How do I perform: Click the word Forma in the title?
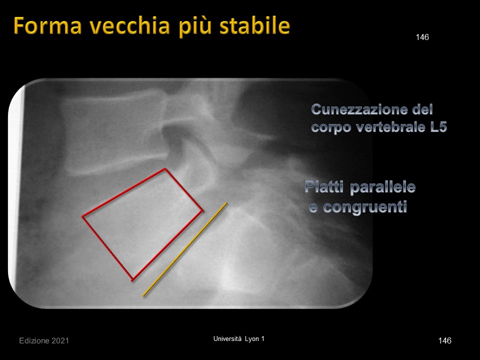point(47,25)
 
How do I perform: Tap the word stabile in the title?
point(254,25)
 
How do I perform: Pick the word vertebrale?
point(390,127)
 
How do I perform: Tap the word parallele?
point(382,187)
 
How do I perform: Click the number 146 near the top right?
point(422,37)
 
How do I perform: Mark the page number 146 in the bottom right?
point(444,340)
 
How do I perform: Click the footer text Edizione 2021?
point(44,340)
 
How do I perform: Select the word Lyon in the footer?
point(251,339)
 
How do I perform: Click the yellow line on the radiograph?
point(185,249)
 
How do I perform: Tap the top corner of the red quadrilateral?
point(165,168)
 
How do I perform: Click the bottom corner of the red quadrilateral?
point(132,280)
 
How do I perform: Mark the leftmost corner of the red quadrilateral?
point(82,216)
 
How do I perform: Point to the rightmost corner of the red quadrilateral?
point(202,210)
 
